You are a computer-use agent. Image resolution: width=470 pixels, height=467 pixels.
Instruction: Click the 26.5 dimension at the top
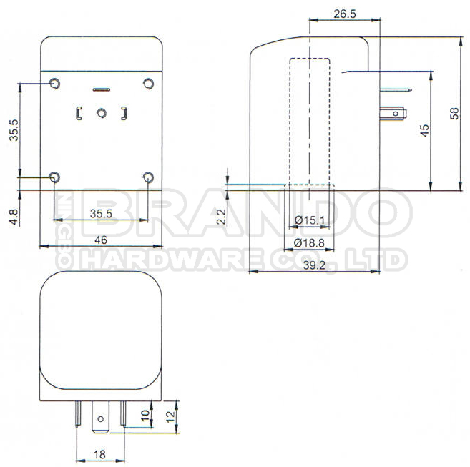344,14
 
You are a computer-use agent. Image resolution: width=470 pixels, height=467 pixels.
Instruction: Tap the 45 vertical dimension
424,129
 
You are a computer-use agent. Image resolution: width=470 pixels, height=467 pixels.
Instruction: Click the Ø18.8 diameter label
310,243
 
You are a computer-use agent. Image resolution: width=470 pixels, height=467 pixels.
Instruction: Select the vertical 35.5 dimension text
14,130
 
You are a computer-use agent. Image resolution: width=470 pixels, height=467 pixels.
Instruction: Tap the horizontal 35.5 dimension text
102,213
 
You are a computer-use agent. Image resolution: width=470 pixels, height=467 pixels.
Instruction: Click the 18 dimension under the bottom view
100,453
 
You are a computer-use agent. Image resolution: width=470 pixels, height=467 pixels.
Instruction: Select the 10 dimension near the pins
146,415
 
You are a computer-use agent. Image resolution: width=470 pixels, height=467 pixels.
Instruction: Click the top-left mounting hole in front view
54,84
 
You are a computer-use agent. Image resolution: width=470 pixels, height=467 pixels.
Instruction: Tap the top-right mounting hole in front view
148,84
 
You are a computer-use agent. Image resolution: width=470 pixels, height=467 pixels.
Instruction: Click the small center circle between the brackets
102,112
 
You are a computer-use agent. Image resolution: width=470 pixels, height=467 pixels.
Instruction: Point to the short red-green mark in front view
101,90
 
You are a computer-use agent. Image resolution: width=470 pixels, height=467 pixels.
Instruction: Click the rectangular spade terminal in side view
396,112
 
